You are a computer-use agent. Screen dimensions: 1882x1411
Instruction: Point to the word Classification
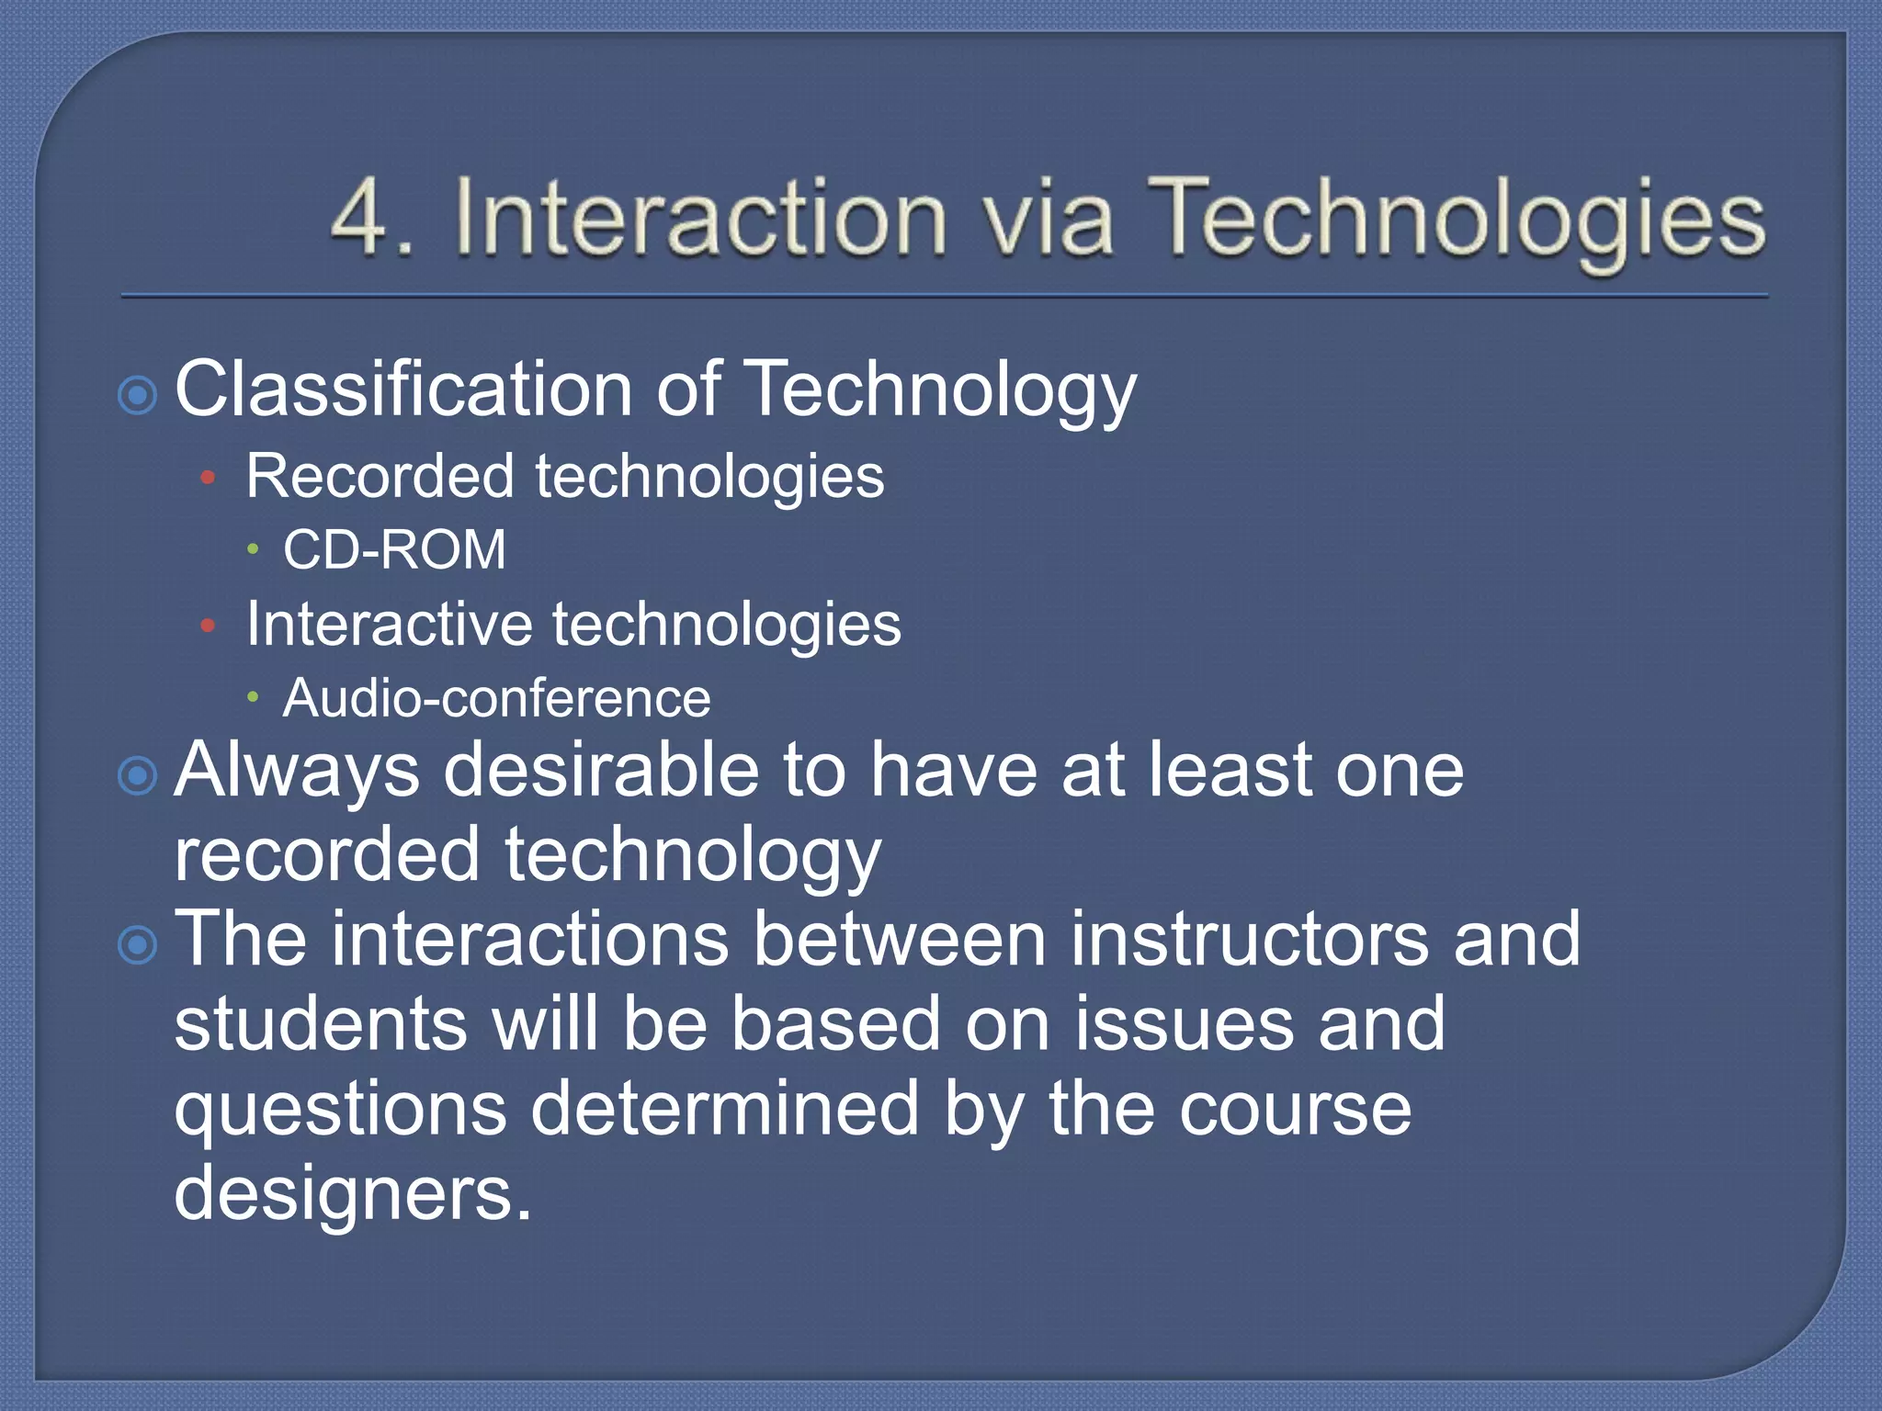pyautogui.click(x=402, y=389)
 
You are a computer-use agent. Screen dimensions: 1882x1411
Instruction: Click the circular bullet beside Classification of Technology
pyautogui.click(x=138, y=396)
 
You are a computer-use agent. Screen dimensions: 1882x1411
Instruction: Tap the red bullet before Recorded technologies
pyautogui.click(x=208, y=478)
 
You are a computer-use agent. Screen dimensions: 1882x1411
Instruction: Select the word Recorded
pyautogui.click(x=380, y=477)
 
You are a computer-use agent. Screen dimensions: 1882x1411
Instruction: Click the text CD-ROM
pyautogui.click(x=394, y=550)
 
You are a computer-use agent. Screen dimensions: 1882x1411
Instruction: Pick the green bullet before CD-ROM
pyautogui.click(x=253, y=549)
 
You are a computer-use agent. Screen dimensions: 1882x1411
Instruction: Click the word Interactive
pyautogui.click(x=389, y=625)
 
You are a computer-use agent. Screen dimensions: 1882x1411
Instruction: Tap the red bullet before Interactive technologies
pyautogui.click(x=208, y=626)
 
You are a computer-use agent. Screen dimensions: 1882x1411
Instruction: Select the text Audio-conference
pyautogui.click(x=496, y=699)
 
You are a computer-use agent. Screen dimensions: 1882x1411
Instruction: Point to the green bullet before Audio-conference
pyautogui.click(x=253, y=697)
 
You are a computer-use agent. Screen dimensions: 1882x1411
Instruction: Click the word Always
pyautogui.click(x=297, y=772)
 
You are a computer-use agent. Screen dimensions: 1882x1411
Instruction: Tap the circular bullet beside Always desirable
pyautogui.click(x=138, y=776)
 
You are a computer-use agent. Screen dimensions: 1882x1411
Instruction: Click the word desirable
pyautogui.click(x=602, y=770)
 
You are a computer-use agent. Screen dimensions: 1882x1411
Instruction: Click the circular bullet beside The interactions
pyautogui.click(x=138, y=944)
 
